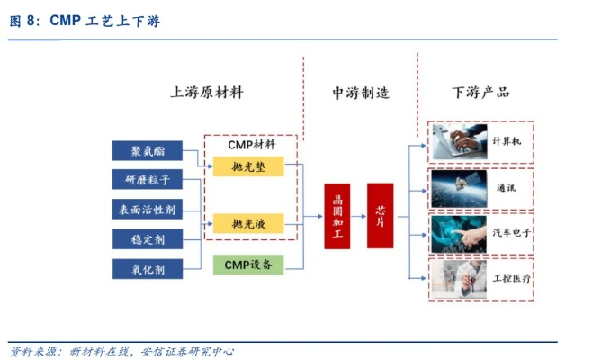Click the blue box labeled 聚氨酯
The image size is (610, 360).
click(147, 150)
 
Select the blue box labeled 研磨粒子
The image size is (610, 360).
click(147, 179)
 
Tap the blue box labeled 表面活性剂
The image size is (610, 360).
click(147, 209)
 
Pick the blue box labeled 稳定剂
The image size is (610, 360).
click(147, 238)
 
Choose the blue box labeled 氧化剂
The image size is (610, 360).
click(147, 268)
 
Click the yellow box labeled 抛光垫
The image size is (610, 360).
click(248, 166)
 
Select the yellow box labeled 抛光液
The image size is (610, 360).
click(248, 222)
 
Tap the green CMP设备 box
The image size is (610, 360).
click(248, 265)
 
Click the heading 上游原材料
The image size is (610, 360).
click(207, 92)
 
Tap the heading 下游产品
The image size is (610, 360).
click(480, 92)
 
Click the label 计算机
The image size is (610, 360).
click(507, 142)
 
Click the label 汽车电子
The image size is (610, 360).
click(509, 232)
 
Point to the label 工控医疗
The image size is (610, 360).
click(511, 278)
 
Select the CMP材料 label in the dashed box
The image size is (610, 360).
click(251, 144)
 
